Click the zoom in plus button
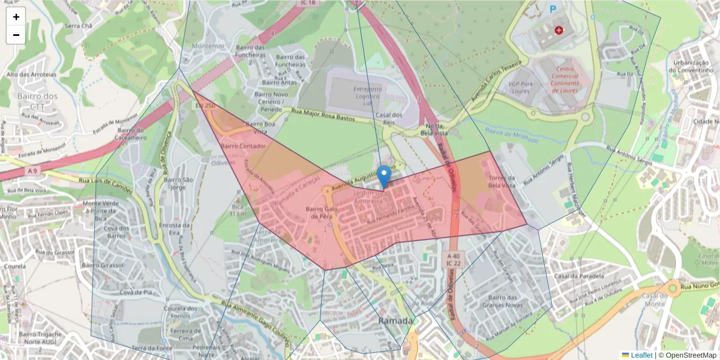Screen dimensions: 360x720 (x=16, y=17)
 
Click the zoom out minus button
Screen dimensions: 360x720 (x=16, y=35)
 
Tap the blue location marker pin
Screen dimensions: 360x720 (x=385, y=176)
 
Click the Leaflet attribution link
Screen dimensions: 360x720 (x=641, y=355)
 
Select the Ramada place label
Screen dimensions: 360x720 (x=395, y=321)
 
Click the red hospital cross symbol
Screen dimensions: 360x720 (x=559, y=29)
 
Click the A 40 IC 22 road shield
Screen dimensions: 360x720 (x=453, y=259)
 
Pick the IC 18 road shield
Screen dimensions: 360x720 (x=308, y=3)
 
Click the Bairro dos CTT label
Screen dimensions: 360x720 (x=37, y=101)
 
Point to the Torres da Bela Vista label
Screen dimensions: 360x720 (x=502, y=182)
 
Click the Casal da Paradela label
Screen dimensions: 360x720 (x=578, y=276)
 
